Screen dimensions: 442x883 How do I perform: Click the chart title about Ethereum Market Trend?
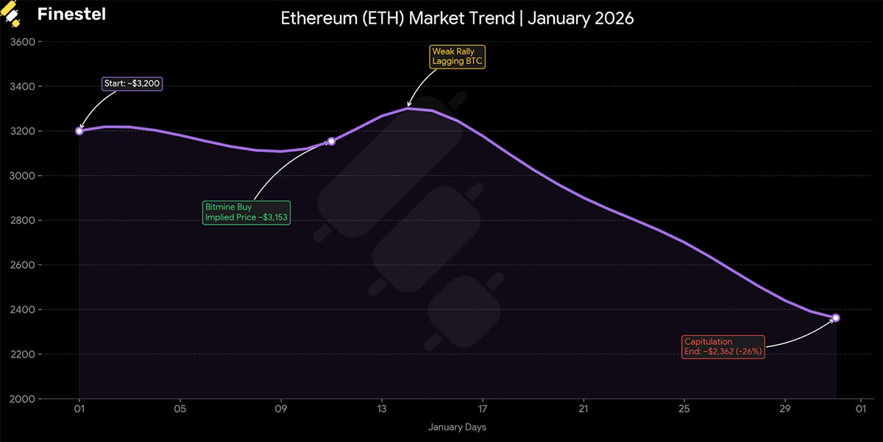click(457, 18)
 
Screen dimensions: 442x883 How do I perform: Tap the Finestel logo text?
click(71, 14)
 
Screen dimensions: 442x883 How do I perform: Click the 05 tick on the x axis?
click(180, 410)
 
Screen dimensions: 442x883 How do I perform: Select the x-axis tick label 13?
click(382, 410)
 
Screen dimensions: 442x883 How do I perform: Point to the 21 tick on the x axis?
click(584, 410)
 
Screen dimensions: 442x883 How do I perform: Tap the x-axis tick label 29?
click(785, 410)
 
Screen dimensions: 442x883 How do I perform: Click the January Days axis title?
click(457, 427)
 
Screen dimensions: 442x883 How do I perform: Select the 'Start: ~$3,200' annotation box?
click(132, 84)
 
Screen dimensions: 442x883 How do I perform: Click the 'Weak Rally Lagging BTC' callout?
click(457, 57)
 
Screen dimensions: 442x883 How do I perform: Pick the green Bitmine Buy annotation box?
click(247, 212)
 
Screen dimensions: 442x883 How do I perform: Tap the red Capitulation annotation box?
click(723, 347)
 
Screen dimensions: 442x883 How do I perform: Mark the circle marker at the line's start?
click(79, 131)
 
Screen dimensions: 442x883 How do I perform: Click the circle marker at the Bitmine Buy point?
click(331, 141)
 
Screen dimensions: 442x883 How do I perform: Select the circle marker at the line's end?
click(835, 318)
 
